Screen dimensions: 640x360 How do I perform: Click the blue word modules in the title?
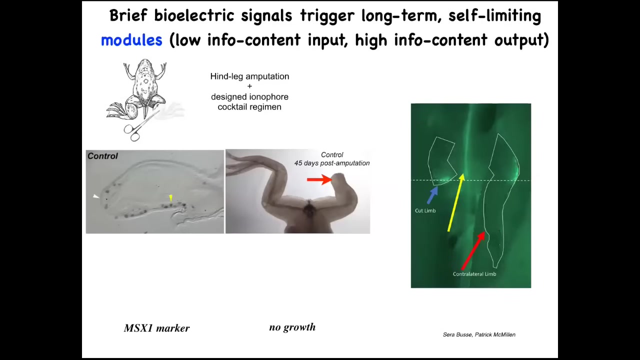(131, 39)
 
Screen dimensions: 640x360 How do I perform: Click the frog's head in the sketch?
(145, 64)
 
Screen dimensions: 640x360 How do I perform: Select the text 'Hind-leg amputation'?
(249, 76)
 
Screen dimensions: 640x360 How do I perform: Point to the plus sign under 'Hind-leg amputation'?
(249, 86)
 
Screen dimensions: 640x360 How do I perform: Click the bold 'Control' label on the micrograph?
(102, 156)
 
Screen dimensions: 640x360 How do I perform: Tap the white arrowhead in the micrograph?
(96, 196)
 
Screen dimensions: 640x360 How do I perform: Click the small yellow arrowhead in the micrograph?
(171, 197)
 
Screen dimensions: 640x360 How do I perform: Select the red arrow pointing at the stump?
(319, 179)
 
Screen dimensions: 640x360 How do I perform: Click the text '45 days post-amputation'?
(332, 163)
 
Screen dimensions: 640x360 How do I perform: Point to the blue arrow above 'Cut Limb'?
(432, 195)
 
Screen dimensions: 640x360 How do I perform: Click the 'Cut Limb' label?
(425, 211)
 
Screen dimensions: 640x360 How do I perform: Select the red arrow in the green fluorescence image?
(473, 251)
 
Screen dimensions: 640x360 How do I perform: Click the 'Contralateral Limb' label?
(474, 274)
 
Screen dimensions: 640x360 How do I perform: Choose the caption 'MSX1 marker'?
(156, 328)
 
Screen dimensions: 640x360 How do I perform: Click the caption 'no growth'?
(292, 327)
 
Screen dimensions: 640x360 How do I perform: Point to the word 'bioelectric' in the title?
(194, 15)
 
